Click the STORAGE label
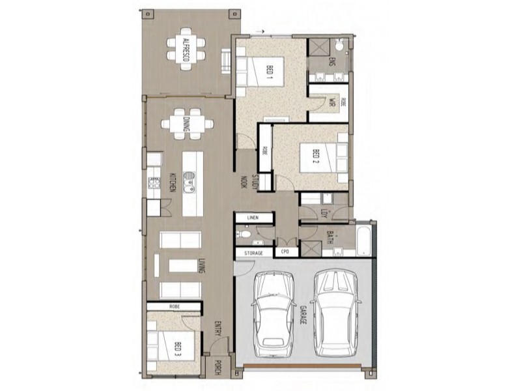point(253,252)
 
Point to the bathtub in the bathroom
point(363,240)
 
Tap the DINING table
point(187,124)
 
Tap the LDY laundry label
point(324,214)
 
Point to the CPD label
point(285,252)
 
